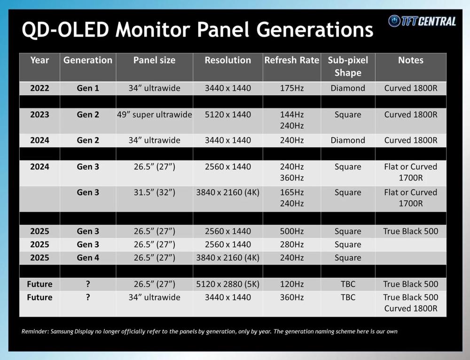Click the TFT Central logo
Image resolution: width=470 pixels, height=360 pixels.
pyautogui.click(x=422, y=21)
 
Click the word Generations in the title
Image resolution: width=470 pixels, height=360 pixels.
pyautogui.click(x=315, y=30)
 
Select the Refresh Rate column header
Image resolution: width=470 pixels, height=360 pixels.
pyautogui.click(x=292, y=60)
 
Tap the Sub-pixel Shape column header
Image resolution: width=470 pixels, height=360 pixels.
pyautogui.click(x=348, y=66)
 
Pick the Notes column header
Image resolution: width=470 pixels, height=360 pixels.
pyautogui.click(x=411, y=60)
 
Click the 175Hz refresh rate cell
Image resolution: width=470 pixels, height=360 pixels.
pyautogui.click(x=292, y=88)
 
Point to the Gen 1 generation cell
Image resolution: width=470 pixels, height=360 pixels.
pyautogui.click(x=88, y=88)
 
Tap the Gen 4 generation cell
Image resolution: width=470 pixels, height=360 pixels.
pyautogui.click(x=88, y=258)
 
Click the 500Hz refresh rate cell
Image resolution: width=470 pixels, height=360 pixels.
pyautogui.click(x=292, y=231)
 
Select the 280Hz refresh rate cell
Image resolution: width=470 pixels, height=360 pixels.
pyautogui.click(x=292, y=244)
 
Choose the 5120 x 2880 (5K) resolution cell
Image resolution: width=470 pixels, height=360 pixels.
pyautogui.click(x=228, y=284)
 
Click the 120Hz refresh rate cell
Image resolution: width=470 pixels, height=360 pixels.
pyautogui.click(x=292, y=284)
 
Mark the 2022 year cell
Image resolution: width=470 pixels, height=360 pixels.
pyautogui.click(x=39, y=88)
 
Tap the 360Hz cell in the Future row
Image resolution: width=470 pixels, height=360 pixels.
pyautogui.click(x=292, y=297)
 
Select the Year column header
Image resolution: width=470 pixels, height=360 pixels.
pyautogui.click(x=39, y=60)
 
